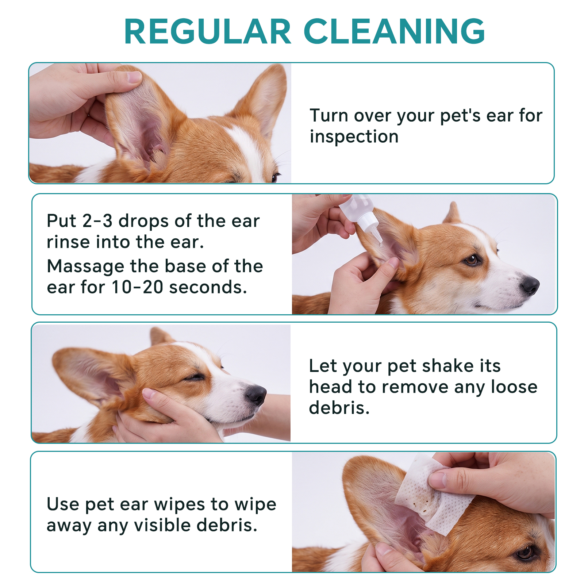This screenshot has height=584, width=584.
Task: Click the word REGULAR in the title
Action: coord(208,31)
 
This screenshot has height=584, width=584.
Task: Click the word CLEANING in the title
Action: coord(394,31)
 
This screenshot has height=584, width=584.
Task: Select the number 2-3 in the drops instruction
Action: coord(97,221)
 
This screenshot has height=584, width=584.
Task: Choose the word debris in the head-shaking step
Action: coord(339,408)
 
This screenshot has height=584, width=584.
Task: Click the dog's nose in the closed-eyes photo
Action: coord(256,395)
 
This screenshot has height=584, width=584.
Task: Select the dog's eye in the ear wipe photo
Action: coord(526,552)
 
